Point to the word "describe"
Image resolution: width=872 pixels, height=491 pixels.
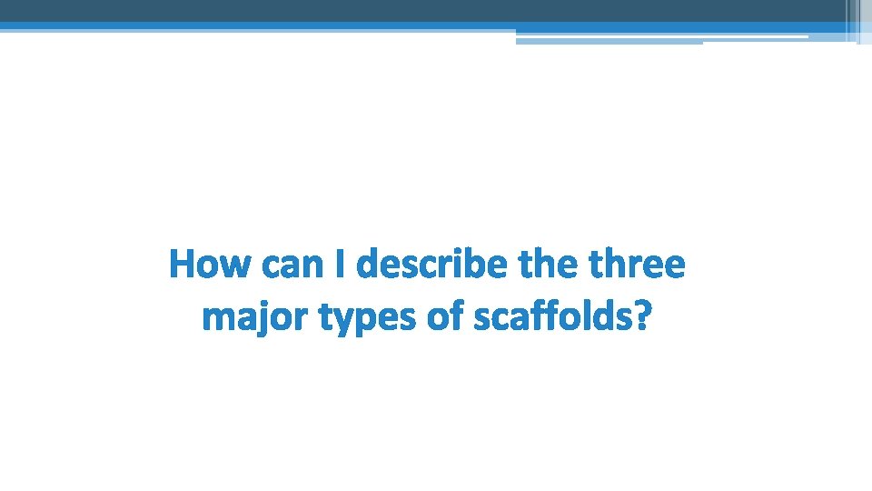click(x=434, y=266)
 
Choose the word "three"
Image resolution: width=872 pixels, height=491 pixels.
click(x=637, y=266)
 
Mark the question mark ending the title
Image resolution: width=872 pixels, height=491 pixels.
click(x=642, y=318)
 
